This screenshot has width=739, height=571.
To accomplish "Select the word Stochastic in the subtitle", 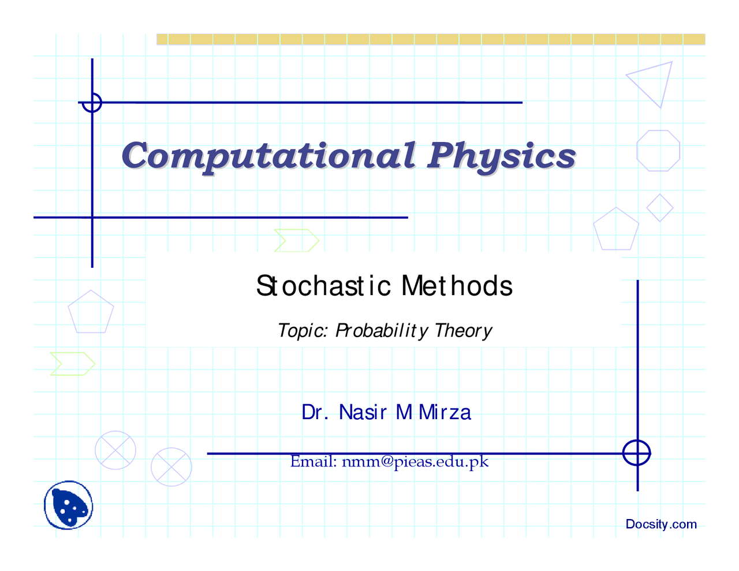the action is click(x=323, y=286).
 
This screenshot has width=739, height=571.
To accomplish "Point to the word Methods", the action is click(x=457, y=286).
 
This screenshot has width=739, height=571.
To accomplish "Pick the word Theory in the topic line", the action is click(x=463, y=331).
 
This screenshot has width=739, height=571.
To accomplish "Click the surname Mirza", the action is click(x=445, y=413).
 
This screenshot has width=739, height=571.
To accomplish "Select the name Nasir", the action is click(x=363, y=413).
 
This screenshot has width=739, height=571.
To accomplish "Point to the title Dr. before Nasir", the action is click(x=315, y=413).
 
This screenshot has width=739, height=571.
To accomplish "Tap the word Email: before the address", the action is click(x=313, y=461).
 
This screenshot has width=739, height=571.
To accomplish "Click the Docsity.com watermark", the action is click(x=661, y=524).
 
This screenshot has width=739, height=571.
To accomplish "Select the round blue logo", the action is click(x=68, y=505).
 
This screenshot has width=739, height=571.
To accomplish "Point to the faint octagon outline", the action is click(x=637, y=151).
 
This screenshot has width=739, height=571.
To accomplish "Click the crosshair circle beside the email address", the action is click(x=636, y=440).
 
